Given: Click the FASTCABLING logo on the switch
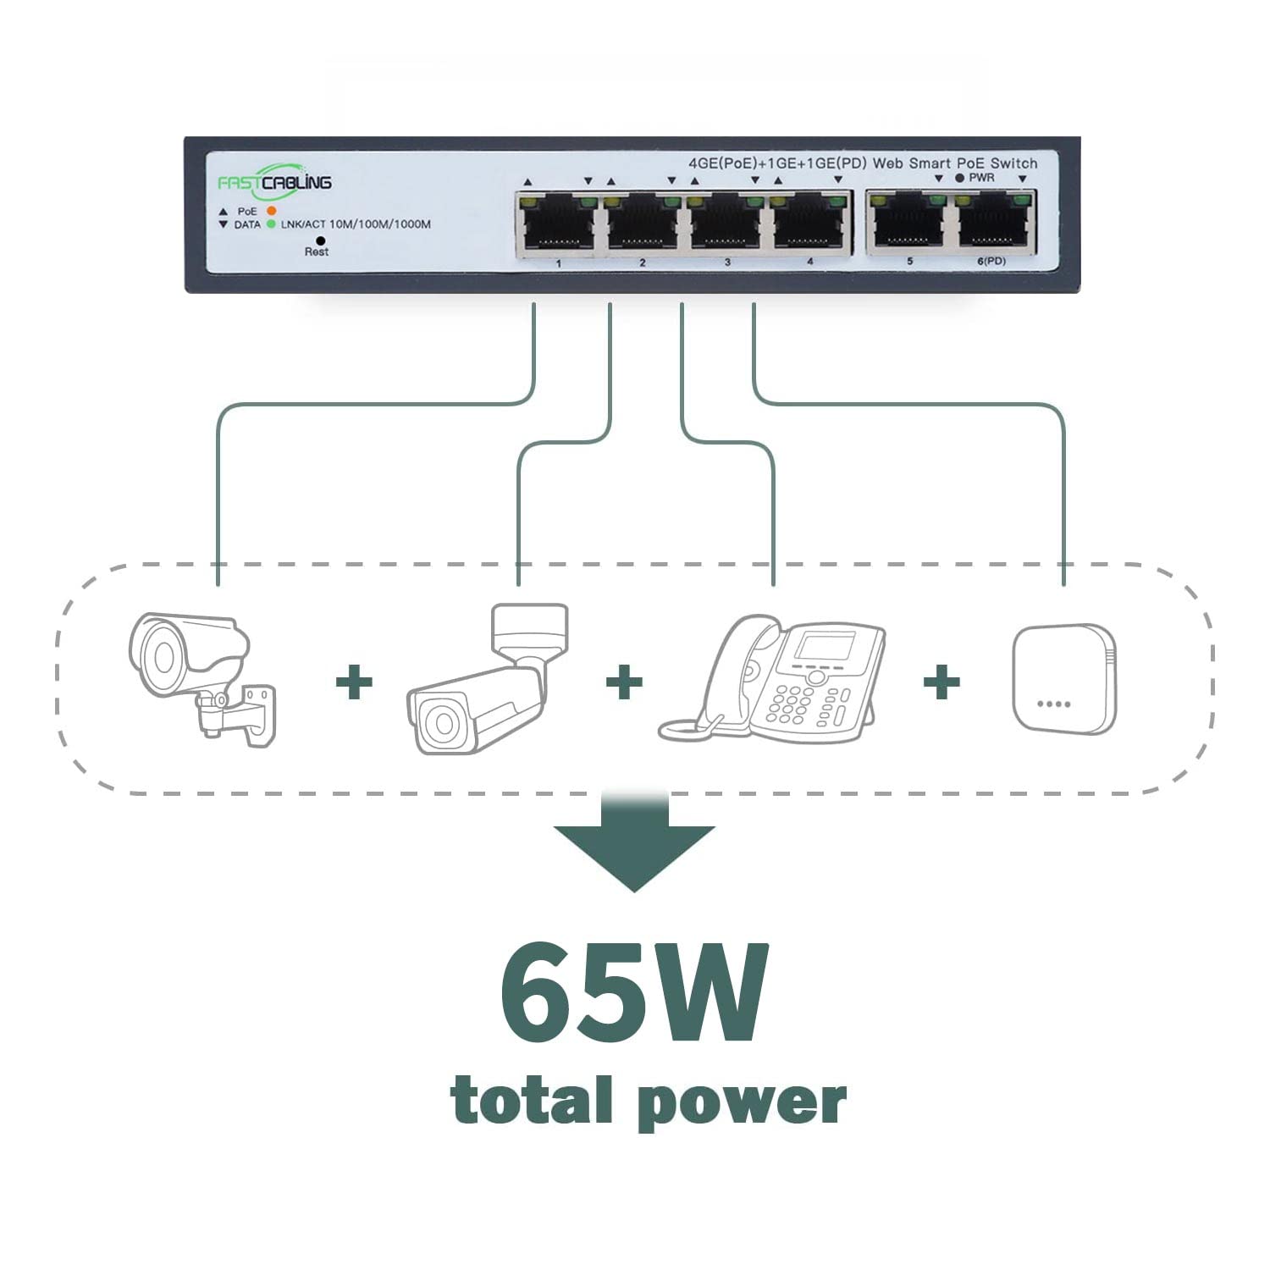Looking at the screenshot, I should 274,179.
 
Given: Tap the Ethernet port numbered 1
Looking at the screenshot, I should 558,225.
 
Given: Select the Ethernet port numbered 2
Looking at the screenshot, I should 641,225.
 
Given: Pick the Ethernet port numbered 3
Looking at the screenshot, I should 726,225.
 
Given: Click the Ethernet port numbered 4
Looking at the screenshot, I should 809,225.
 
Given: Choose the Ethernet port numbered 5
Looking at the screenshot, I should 908,224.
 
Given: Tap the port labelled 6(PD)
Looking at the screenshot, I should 991,224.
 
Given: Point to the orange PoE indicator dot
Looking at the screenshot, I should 272,210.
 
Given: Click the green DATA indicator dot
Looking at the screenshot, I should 271,224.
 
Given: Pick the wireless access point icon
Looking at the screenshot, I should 1064,679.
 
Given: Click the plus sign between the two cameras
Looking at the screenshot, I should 354,682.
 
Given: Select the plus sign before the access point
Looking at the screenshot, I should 941,681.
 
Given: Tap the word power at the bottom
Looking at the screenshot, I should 743,1101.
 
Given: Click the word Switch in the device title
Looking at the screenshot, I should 1013,163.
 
